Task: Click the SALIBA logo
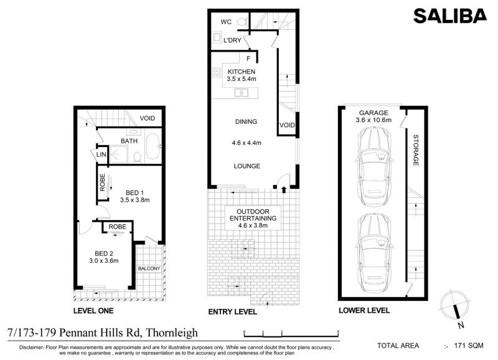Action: tap(449, 16)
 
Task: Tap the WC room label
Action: tap(226, 22)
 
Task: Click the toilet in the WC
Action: tap(243, 22)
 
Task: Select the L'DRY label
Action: tap(232, 40)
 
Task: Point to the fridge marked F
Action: tap(248, 59)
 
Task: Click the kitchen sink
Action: tap(241, 93)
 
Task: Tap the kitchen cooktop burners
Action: tap(217, 73)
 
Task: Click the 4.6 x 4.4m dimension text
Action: tap(247, 143)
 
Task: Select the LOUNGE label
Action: tap(247, 166)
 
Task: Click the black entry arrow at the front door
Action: tap(284, 190)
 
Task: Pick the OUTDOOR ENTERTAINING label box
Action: tap(253, 218)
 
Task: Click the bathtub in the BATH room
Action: tap(153, 146)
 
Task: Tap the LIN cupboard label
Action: tap(101, 154)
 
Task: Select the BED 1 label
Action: tap(134, 193)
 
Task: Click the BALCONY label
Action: tap(149, 268)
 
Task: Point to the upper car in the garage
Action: tap(374, 166)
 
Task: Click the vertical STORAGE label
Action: tap(415, 150)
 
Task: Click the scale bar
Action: tap(291, 334)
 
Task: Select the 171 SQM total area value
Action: tap(469, 346)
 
